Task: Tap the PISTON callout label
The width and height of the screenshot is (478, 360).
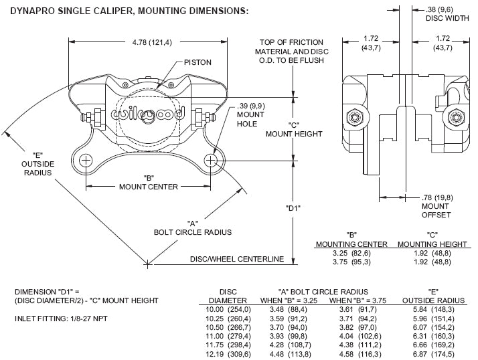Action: (199, 62)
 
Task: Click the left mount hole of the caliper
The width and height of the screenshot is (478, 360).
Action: (86, 161)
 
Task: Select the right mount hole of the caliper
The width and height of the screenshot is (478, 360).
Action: (211, 161)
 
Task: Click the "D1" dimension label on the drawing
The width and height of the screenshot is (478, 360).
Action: (292, 208)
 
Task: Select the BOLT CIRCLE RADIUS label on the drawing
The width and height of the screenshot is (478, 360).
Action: (192, 232)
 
